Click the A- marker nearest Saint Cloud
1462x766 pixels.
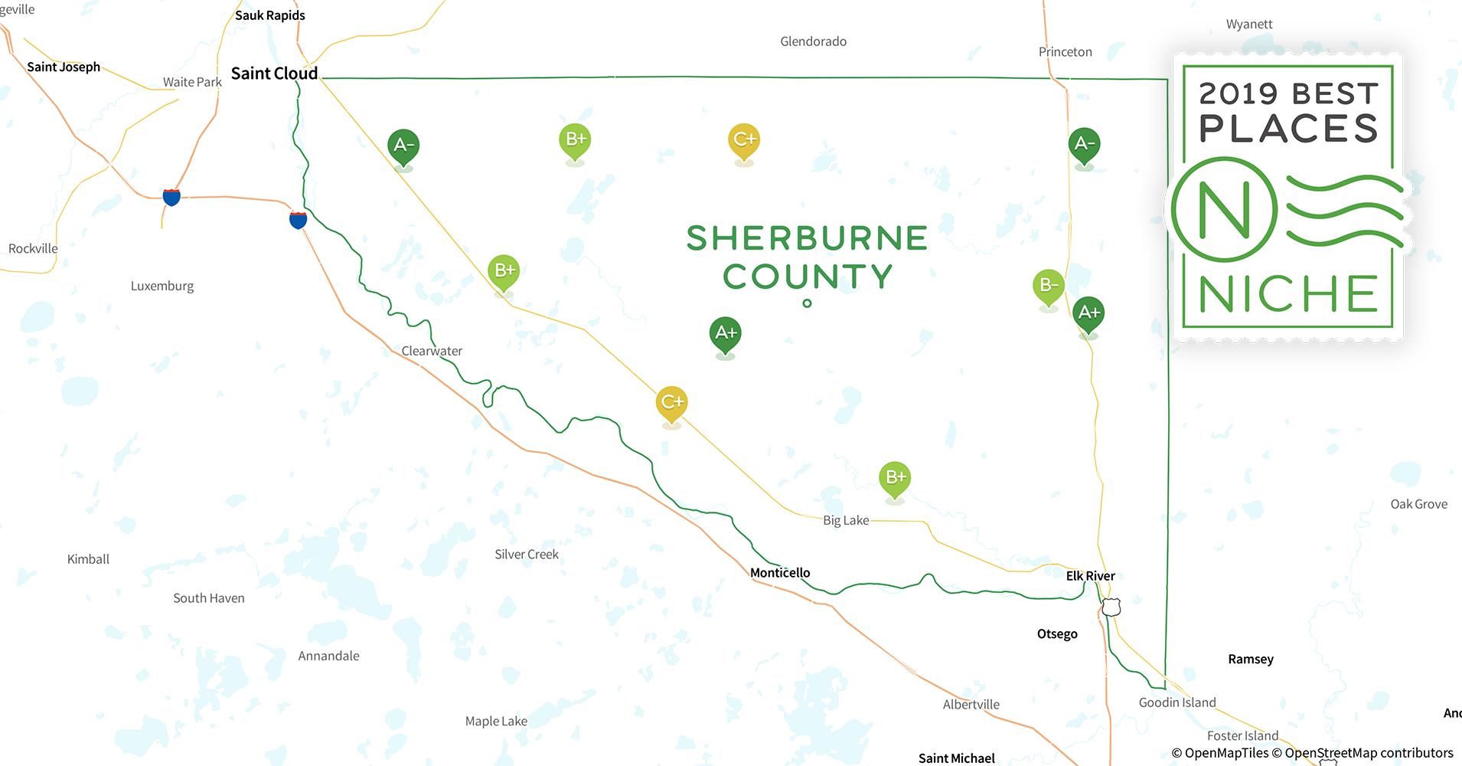(x=403, y=146)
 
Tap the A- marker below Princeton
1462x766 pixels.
(x=1084, y=144)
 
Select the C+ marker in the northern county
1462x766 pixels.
(x=744, y=140)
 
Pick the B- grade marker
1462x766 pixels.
(x=1048, y=286)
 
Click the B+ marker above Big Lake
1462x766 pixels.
(x=895, y=478)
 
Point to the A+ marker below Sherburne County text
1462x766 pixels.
(x=725, y=334)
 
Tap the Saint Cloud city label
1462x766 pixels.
(x=274, y=74)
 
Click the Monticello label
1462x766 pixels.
(x=779, y=573)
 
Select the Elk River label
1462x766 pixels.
(x=1090, y=576)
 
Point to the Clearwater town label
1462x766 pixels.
(x=432, y=351)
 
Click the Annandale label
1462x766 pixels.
(x=328, y=656)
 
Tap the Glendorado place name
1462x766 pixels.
(x=813, y=41)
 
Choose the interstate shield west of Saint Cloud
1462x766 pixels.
(x=171, y=197)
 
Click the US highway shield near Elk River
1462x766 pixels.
(x=1111, y=607)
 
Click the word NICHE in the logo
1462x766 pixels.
(x=1288, y=294)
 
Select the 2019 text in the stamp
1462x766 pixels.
(x=1238, y=94)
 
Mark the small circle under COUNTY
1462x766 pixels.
(x=807, y=303)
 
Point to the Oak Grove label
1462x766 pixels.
(x=1418, y=504)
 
